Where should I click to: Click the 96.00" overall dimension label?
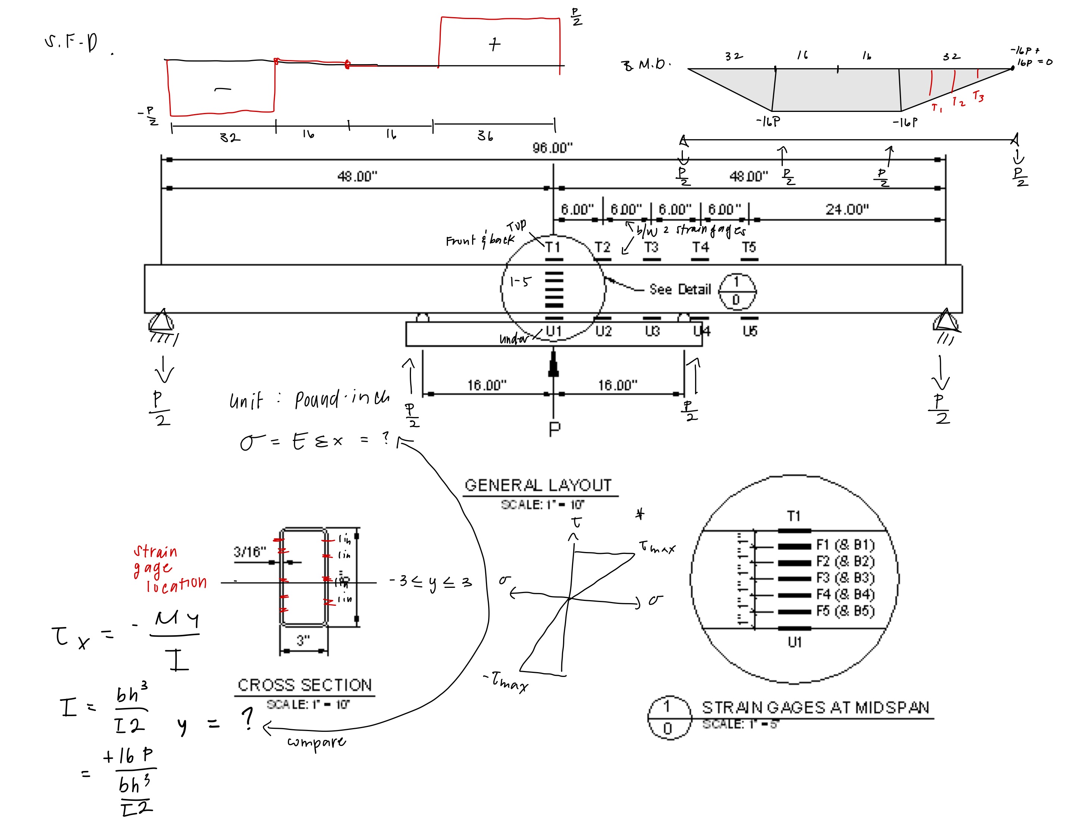[x=552, y=148]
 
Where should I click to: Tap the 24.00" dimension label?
[x=847, y=209]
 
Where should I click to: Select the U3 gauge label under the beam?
[x=652, y=331]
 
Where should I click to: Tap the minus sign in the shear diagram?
[x=222, y=90]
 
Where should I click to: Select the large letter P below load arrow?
[x=555, y=429]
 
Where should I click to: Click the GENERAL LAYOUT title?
[x=538, y=485]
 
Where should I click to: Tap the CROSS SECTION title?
[x=304, y=685]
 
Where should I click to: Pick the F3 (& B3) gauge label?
[x=845, y=578]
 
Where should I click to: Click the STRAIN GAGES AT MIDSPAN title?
[x=815, y=708]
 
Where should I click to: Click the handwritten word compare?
[x=316, y=742]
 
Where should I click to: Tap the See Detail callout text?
[x=680, y=289]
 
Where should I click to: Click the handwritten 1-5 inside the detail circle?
[x=520, y=282]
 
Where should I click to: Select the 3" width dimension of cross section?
[x=303, y=640]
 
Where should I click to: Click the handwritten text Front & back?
[x=480, y=240]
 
